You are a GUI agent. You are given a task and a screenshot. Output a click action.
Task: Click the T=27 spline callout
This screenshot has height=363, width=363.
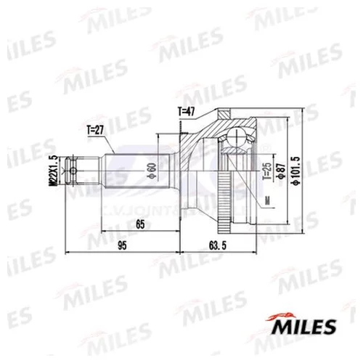pyautogui.click(x=96, y=130)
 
